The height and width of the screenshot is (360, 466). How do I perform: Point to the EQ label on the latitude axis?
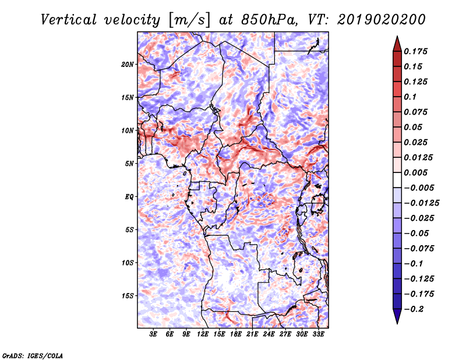(x=129, y=197)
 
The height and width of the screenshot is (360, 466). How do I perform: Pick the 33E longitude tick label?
(x=319, y=334)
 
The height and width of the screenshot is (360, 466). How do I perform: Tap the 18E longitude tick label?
(x=236, y=334)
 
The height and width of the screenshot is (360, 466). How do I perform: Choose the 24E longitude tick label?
(x=269, y=334)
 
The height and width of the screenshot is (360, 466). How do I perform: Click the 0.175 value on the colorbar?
(x=418, y=52)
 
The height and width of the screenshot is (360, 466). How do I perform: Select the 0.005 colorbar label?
(x=418, y=173)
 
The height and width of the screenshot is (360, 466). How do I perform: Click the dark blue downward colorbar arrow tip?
(x=397, y=320)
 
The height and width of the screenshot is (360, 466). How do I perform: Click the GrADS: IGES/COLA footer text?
(x=32, y=355)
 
